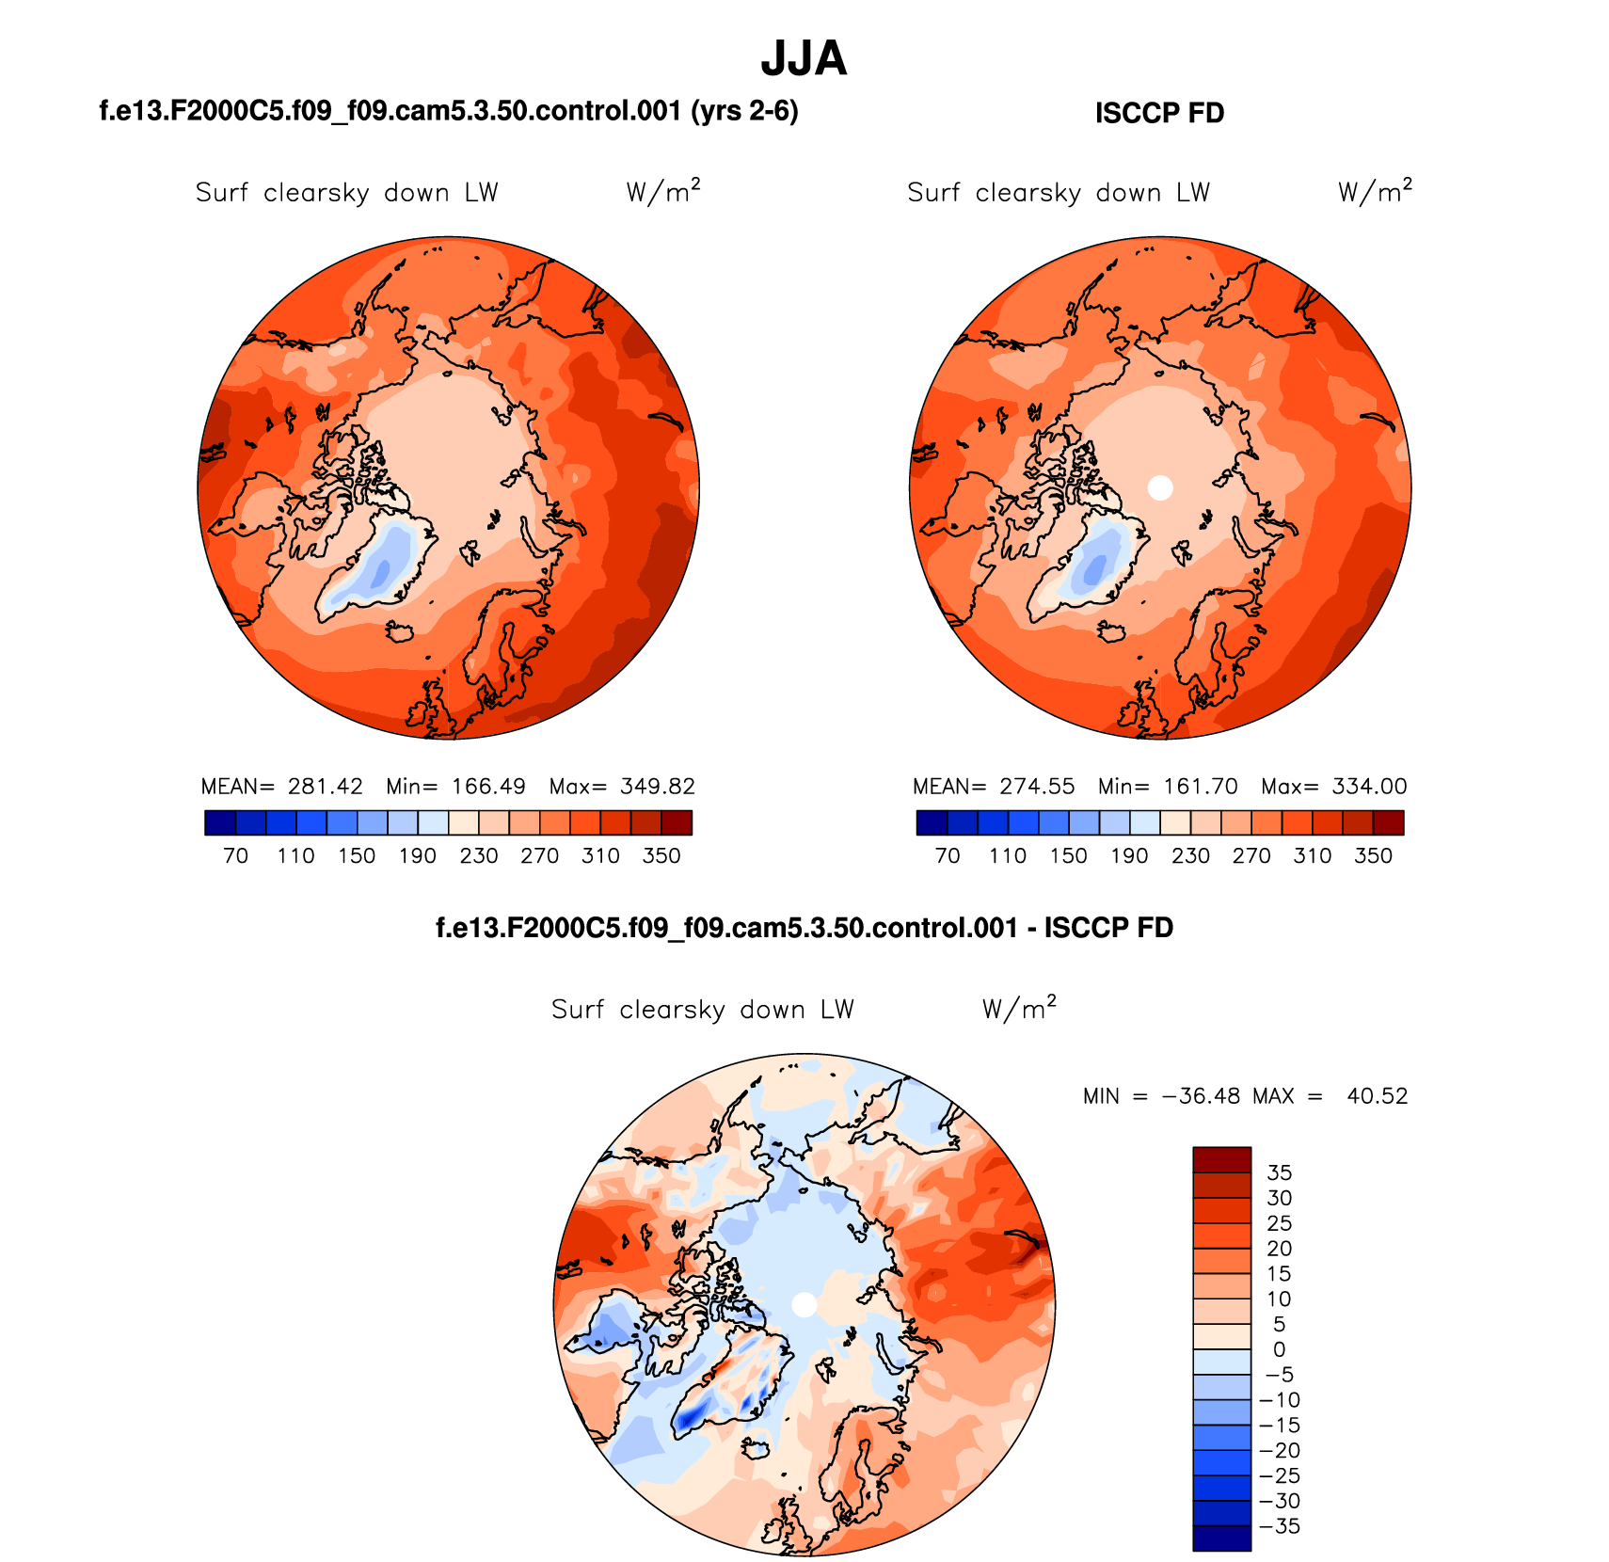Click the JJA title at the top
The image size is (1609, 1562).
point(804,58)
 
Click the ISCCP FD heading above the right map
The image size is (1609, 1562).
point(1159,113)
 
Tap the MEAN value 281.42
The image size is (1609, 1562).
point(325,787)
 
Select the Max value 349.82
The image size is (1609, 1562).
point(658,787)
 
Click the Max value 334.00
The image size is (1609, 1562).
point(1370,787)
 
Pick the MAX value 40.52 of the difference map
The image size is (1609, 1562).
point(1377,1096)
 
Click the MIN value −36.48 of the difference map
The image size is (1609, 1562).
point(1202,1096)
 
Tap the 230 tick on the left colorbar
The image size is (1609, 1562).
point(479,856)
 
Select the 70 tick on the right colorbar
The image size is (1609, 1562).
point(948,856)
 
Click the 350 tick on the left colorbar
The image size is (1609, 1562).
point(661,856)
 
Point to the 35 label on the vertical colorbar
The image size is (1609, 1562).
point(1279,1172)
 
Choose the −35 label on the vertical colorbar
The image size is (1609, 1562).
point(1279,1526)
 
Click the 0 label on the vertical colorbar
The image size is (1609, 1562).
point(1279,1349)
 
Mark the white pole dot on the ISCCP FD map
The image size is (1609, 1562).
point(1160,487)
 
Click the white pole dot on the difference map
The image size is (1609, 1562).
point(804,1304)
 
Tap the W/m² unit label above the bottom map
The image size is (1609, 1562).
point(1019,1009)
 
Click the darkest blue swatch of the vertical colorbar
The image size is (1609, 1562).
point(1221,1538)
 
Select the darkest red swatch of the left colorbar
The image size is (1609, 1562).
point(677,823)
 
